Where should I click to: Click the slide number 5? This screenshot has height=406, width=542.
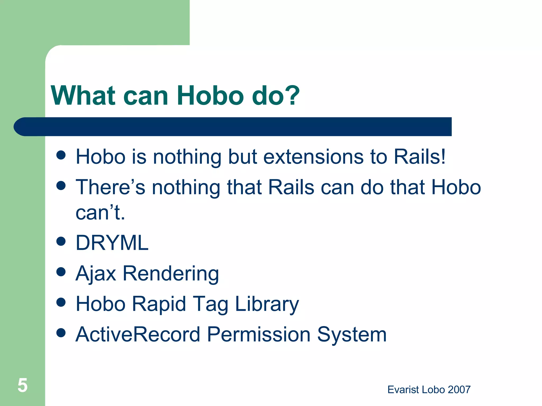point(22,385)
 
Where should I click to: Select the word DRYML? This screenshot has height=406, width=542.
point(112,243)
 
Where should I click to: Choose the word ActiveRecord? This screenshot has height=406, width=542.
point(138,334)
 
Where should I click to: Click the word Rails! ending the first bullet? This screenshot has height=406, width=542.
point(419,157)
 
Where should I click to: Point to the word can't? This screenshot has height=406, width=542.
point(100,213)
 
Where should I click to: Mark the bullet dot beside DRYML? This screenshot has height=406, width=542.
point(61,241)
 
